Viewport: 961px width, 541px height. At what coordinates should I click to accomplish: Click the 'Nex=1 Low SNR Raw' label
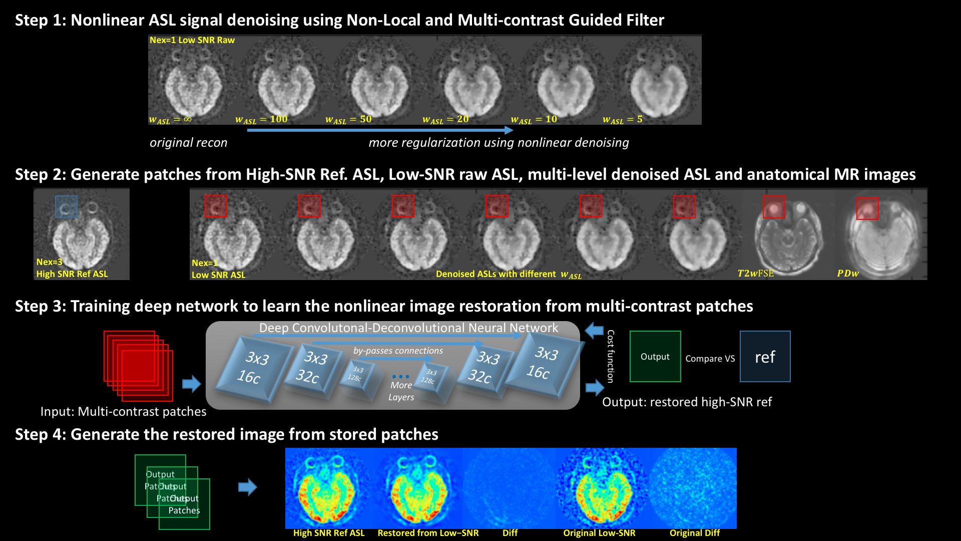point(192,40)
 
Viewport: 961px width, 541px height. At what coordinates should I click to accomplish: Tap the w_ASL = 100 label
point(261,120)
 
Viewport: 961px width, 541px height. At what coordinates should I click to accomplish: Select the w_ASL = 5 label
point(622,120)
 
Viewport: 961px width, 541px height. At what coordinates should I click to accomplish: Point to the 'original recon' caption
point(188,143)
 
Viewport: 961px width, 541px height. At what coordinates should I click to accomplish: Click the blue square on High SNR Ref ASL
point(66,206)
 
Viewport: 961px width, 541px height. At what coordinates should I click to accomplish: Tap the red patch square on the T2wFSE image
point(774,207)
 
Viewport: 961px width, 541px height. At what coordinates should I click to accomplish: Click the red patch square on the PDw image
point(867,208)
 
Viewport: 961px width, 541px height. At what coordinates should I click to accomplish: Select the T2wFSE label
point(755,274)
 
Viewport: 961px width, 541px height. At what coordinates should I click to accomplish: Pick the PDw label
point(848,274)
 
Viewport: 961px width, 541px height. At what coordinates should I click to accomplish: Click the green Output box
point(655,357)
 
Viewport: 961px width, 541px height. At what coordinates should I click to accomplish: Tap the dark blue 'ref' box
point(765,357)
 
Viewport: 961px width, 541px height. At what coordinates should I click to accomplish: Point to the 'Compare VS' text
point(710,359)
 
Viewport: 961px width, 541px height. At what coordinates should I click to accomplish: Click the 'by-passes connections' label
point(398,351)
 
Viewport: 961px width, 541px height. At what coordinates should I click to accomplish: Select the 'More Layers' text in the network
point(401,391)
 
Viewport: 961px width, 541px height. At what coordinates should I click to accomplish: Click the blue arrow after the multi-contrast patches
point(191,384)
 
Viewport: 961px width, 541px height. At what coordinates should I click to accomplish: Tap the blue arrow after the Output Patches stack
point(247,487)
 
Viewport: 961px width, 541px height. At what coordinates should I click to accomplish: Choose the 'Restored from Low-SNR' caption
point(428,533)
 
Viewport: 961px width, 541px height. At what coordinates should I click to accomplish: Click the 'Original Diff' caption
point(694,533)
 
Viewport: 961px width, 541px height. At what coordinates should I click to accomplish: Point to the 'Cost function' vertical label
point(611,356)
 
